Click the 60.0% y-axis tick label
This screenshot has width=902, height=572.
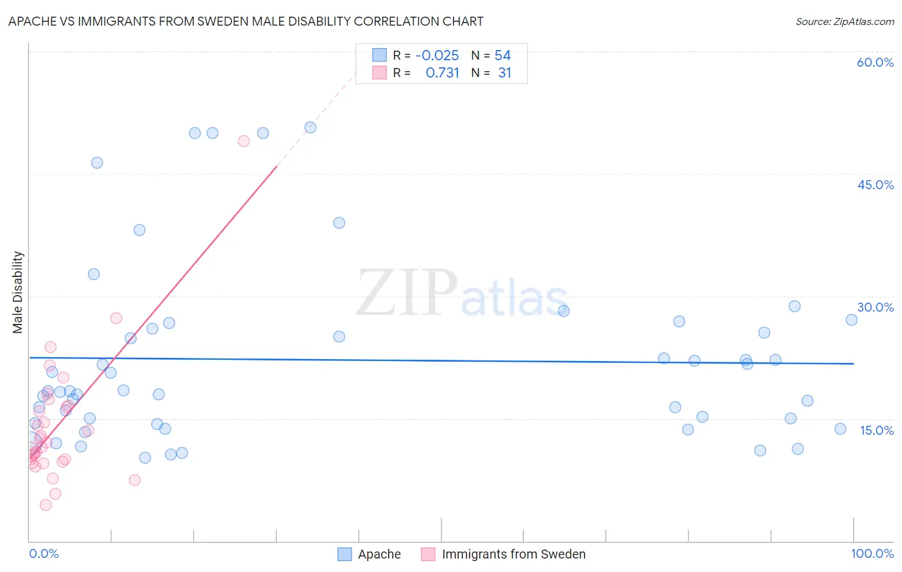click(x=875, y=62)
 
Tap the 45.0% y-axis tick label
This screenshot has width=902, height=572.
click(x=875, y=185)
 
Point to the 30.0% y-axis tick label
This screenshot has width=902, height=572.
click(x=875, y=307)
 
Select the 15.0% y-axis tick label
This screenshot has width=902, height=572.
click(x=876, y=430)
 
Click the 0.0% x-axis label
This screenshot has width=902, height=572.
click(x=44, y=553)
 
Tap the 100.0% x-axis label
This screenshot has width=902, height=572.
click(x=872, y=553)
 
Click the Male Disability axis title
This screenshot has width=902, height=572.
click(x=18, y=292)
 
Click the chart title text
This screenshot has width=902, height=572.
click(x=246, y=21)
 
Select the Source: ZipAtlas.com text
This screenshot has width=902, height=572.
click(x=844, y=21)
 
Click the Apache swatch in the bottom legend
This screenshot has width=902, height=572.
click(x=345, y=554)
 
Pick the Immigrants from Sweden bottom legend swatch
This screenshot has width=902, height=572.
click(x=428, y=554)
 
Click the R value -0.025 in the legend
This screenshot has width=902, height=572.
click(x=437, y=55)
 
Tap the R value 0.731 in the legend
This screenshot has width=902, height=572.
click(x=442, y=72)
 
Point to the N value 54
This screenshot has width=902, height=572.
click(x=502, y=55)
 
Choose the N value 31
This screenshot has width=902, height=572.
click(x=504, y=72)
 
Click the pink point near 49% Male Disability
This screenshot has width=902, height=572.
click(x=244, y=141)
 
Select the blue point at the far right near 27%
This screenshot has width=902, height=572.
click(x=851, y=320)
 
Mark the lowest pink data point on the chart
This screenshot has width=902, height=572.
click(x=46, y=505)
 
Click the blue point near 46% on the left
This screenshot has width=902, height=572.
click(x=97, y=163)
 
